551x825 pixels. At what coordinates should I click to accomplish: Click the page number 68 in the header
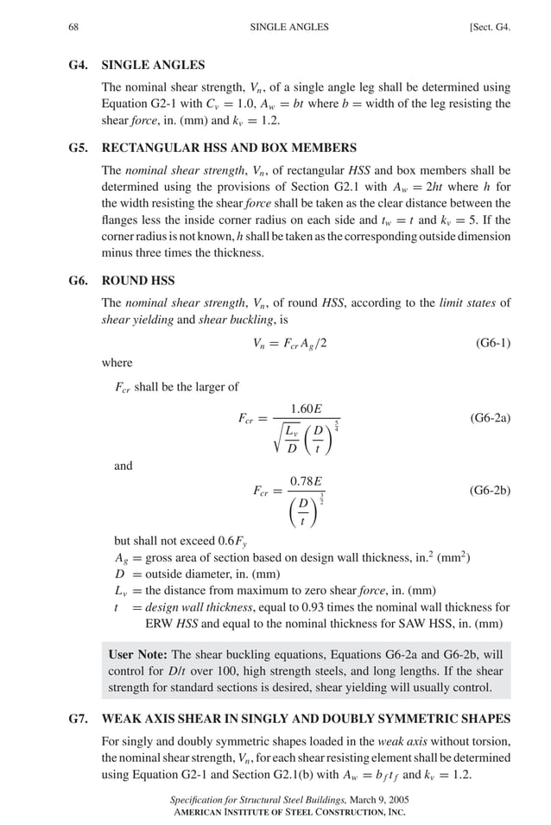[74, 27]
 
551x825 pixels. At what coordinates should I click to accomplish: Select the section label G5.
[78, 148]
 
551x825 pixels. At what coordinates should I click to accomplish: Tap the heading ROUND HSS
[138, 281]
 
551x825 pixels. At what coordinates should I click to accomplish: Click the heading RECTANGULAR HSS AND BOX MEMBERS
[229, 148]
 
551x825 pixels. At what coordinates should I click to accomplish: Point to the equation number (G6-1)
[492, 343]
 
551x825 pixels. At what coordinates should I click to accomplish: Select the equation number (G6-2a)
[490, 417]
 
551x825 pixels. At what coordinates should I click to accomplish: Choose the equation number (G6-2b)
[490, 490]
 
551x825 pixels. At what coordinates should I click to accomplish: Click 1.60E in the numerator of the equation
[306, 408]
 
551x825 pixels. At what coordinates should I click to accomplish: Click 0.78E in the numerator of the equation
[306, 480]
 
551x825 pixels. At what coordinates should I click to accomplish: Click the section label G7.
[78, 719]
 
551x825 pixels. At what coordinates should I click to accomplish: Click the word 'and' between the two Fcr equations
[123, 466]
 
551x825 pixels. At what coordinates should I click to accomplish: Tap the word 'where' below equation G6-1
[117, 364]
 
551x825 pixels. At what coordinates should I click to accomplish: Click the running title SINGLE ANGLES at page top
[289, 27]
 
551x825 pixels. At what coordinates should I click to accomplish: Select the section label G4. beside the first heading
[78, 65]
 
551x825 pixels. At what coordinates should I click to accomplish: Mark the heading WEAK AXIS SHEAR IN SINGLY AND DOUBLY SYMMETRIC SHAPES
[306, 719]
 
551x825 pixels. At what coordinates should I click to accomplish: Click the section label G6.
[78, 281]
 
